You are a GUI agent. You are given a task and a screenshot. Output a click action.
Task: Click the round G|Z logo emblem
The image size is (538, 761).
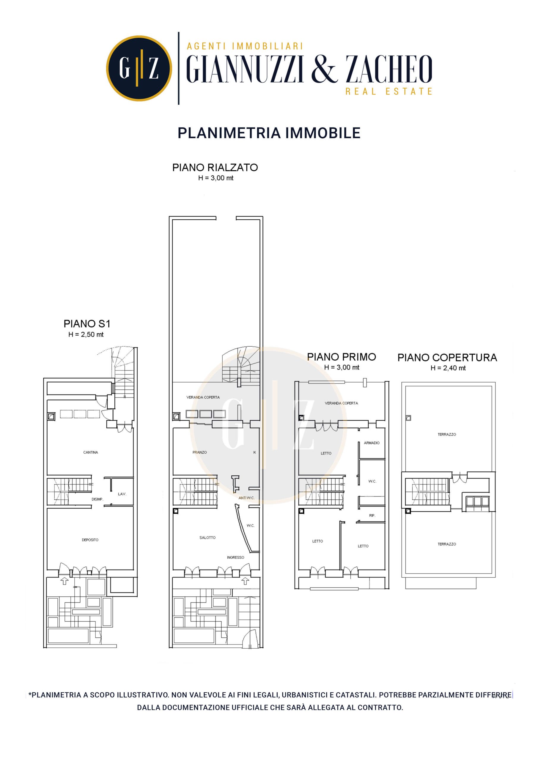pyautogui.click(x=139, y=68)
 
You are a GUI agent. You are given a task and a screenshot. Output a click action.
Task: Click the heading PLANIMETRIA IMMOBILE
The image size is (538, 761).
pyautogui.click(x=269, y=133)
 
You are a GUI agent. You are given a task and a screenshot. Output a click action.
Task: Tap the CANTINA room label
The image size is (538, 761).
pyautogui.click(x=90, y=452)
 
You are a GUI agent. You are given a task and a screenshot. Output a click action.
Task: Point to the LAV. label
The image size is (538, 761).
pyautogui.click(x=122, y=494)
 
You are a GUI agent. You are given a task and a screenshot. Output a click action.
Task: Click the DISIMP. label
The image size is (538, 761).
pyautogui.click(x=97, y=499)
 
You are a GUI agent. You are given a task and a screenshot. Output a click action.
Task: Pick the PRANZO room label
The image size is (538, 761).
pyautogui.click(x=199, y=452)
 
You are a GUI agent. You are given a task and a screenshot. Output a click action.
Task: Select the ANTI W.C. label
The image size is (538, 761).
pyautogui.click(x=247, y=498)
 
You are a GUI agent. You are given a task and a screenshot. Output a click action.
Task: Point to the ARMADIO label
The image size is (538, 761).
pyautogui.click(x=372, y=443)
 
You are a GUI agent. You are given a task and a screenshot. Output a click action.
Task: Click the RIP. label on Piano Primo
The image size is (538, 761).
pyautogui.click(x=372, y=515)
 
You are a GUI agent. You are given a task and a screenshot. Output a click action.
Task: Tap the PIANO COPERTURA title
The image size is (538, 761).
pyautogui.click(x=447, y=358)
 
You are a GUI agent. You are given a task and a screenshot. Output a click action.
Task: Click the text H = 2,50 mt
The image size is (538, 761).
pyautogui.click(x=86, y=334)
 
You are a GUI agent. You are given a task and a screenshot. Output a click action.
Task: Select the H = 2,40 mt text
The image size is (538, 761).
pyautogui.click(x=448, y=368)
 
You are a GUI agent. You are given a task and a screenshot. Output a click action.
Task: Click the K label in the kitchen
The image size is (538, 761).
pyautogui.click(x=254, y=452)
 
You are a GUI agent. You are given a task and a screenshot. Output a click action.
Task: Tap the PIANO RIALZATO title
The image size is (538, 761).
pyautogui.click(x=215, y=167)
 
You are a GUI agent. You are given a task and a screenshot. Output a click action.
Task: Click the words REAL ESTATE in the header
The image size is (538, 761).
pyautogui.click(x=389, y=91)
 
